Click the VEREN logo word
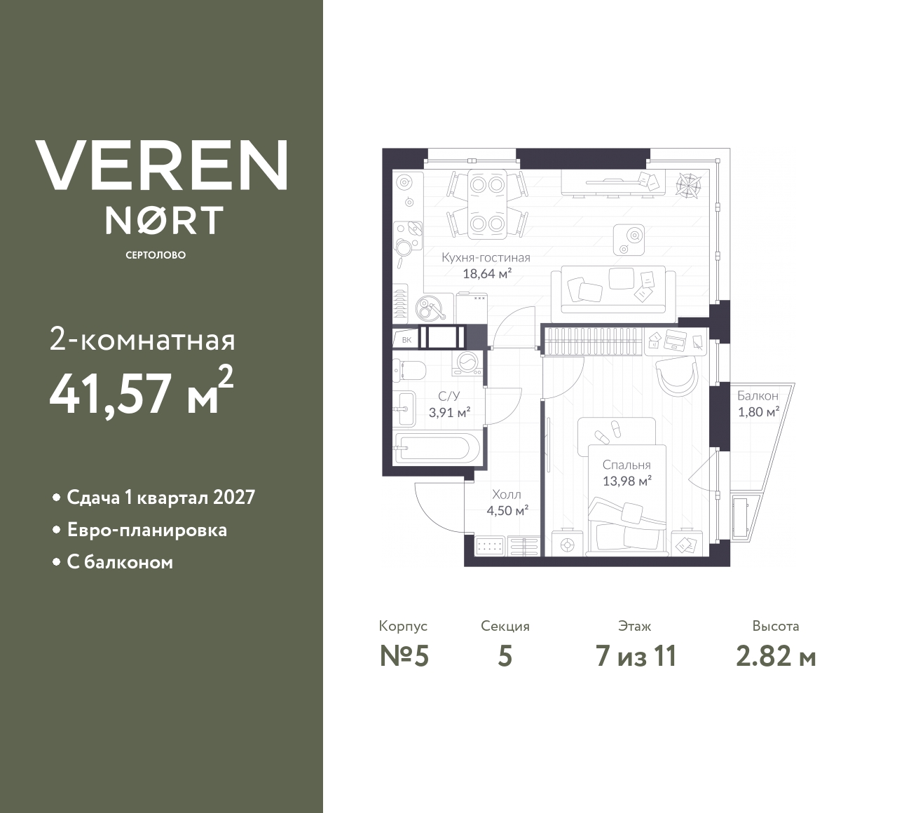[162, 165]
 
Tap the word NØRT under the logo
[164, 219]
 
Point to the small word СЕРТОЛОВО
[156, 255]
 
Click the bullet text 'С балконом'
[119, 562]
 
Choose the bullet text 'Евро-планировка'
[146, 530]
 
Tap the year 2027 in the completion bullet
[234, 498]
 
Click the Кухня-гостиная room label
[486, 257]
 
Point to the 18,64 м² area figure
[486, 273]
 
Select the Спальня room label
[626, 465]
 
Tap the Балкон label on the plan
[758, 396]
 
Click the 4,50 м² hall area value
[507, 510]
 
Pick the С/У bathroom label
[448, 396]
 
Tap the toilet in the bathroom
[411, 369]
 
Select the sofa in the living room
[613, 289]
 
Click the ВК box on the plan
[406, 340]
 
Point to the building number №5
[404, 657]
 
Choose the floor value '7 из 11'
[636, 657]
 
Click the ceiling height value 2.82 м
[776, 657]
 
